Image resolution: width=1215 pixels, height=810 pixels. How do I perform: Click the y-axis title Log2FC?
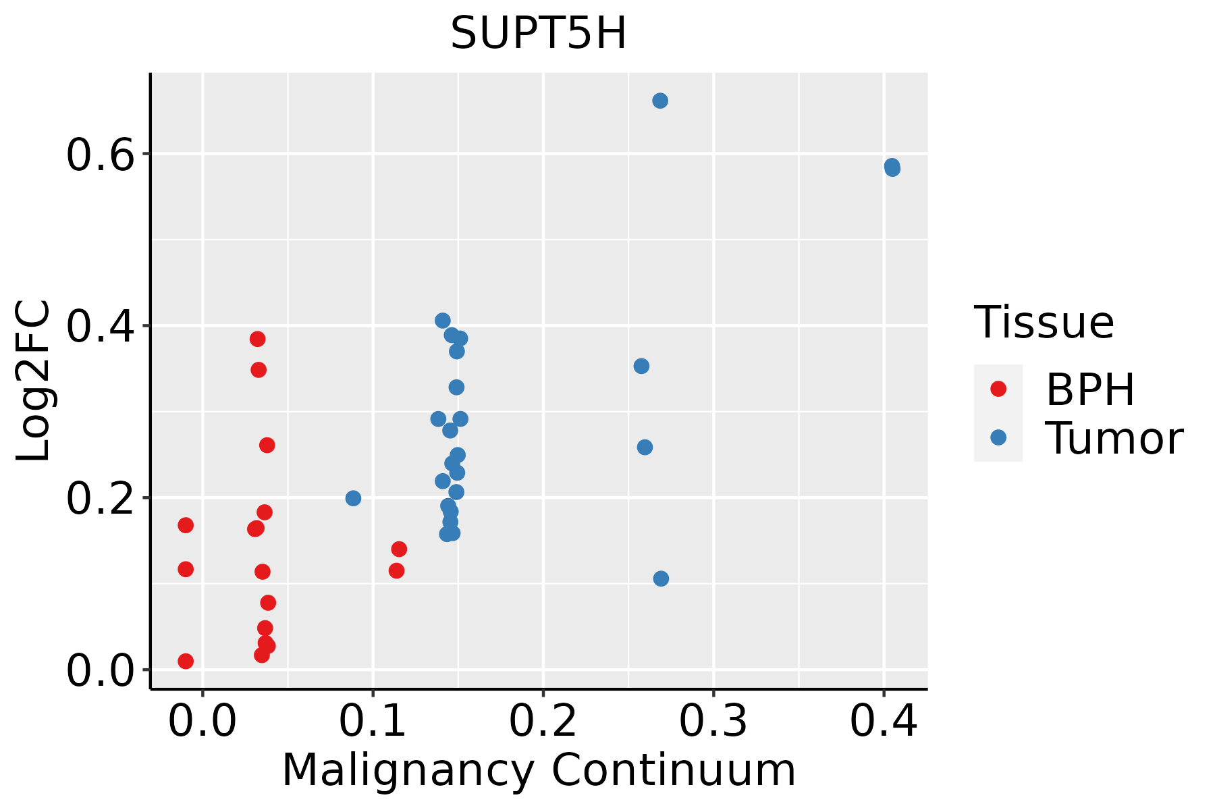(x=34, y=381)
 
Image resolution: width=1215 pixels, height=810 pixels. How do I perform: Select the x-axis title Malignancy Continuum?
(x=538, y=770)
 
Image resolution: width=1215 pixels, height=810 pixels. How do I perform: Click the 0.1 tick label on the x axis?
(x=373, y=722)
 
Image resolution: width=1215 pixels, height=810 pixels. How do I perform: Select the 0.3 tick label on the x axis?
(x=713, y=722)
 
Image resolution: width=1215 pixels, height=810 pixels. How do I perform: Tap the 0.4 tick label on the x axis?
(x=883, y=722)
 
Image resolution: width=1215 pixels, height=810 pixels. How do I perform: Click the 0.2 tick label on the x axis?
(x=543, y=722)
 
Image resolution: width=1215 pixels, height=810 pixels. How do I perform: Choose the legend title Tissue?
(x=1044, y=323)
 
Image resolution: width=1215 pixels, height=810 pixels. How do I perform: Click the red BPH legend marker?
(x=998, y=389)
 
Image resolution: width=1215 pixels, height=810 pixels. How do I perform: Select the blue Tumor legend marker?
(x=998, y=437)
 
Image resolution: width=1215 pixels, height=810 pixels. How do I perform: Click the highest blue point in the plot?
(x=660, y=101)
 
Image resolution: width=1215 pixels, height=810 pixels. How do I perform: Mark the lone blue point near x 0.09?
(x=353, y=498)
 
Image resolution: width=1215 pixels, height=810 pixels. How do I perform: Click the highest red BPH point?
(x=257, y=339)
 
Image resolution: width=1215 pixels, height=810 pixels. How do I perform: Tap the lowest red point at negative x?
(x=186, y=661)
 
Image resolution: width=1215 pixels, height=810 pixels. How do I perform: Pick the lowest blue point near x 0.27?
(x=661, y=578)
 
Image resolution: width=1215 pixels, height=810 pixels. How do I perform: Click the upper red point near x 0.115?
(x=399, y=549)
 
